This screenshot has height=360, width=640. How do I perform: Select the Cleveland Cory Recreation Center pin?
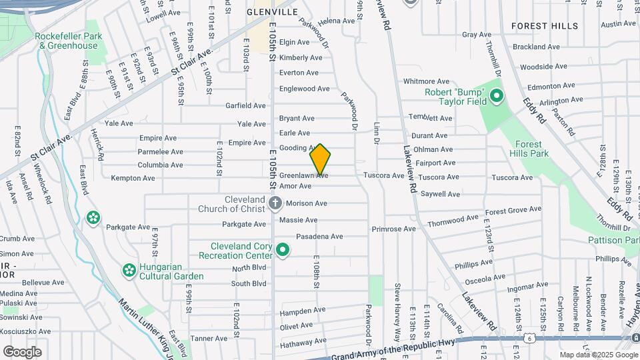tap(283, 251)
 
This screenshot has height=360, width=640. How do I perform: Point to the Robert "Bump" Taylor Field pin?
tap(496, 97)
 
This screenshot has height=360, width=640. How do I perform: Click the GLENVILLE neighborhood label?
tap(272, 12)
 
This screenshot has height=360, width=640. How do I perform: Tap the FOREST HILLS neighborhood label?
tap(545, 26)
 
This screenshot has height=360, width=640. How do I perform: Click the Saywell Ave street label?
tap(440, 194)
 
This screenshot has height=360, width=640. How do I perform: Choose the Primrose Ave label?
tap(394, 229)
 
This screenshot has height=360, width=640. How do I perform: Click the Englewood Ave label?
tap(304, 89)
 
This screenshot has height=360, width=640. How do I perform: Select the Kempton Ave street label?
tap(133, 178)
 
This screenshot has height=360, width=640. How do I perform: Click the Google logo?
tap(23, 351)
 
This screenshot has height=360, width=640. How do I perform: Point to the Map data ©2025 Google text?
tap(598, 355)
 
